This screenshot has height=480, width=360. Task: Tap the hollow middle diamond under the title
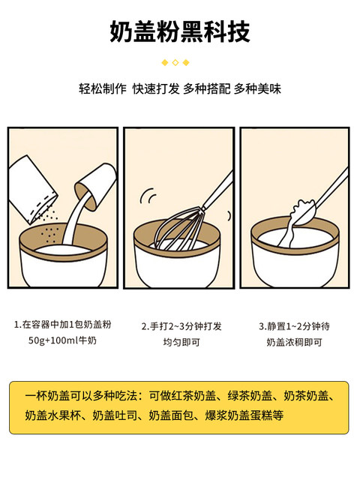(175, 62)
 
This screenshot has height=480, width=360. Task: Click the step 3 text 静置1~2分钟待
(294, 326)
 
